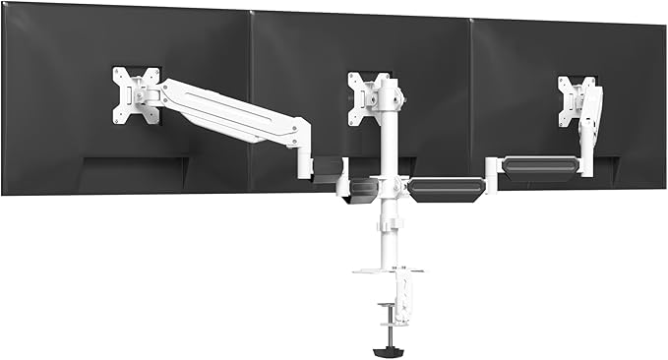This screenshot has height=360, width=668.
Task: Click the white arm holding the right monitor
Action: pos(591,128)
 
